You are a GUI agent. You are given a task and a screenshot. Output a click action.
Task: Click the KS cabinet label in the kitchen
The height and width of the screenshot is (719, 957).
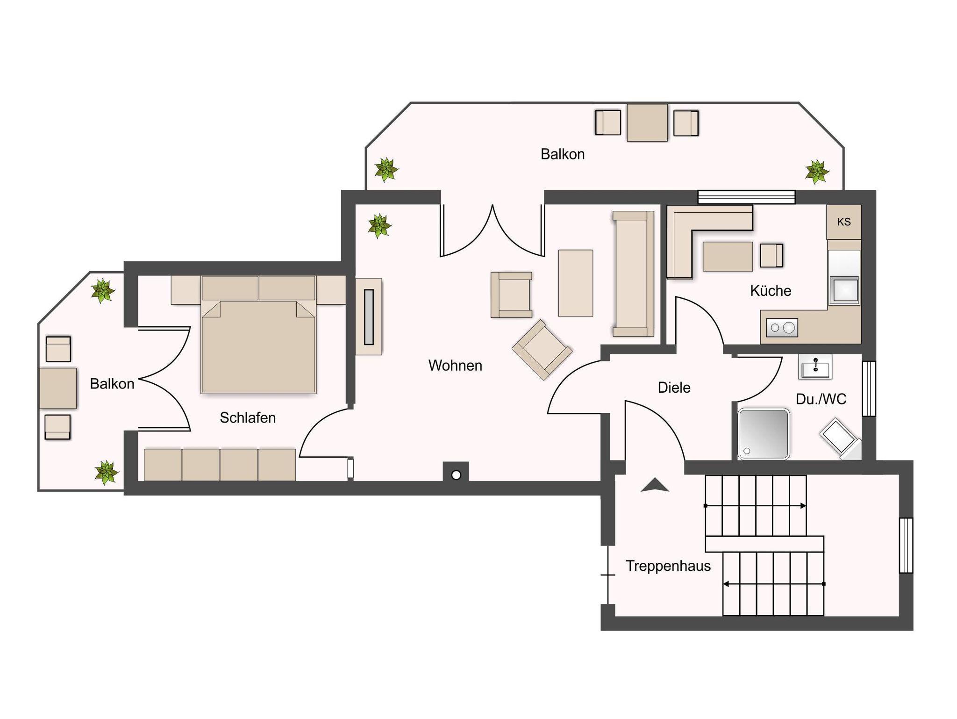843,222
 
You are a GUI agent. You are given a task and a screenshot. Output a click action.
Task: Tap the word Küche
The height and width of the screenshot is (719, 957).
771,291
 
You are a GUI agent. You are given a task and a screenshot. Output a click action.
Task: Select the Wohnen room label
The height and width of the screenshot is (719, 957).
455,366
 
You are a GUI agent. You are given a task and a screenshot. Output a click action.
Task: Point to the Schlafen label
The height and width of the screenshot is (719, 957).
248,417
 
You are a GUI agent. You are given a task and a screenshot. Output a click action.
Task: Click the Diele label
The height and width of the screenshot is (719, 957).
674,388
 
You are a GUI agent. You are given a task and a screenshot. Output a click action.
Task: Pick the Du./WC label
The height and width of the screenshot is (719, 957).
821,399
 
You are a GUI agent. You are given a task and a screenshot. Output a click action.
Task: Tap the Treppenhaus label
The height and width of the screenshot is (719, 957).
668,566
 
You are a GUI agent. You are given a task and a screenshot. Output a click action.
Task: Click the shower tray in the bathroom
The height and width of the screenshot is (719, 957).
764,434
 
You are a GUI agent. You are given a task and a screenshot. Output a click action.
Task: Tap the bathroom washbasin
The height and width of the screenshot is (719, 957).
815,367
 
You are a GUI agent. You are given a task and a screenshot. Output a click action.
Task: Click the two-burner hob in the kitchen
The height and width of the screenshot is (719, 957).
782,328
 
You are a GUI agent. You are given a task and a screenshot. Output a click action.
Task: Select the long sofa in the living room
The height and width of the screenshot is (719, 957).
633,274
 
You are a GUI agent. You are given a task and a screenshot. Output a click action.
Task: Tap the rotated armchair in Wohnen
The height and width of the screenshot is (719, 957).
542,350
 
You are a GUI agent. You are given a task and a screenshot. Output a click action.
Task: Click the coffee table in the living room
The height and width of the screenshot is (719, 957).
576,283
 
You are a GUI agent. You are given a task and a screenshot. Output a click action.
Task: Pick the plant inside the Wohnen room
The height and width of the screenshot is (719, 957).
379,226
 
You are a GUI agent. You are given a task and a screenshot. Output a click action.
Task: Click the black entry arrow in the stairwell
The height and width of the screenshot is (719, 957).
655,485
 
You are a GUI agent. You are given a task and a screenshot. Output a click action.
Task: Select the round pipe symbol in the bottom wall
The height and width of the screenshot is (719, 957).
457,475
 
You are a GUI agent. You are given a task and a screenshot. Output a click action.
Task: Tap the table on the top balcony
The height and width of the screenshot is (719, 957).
647,122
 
